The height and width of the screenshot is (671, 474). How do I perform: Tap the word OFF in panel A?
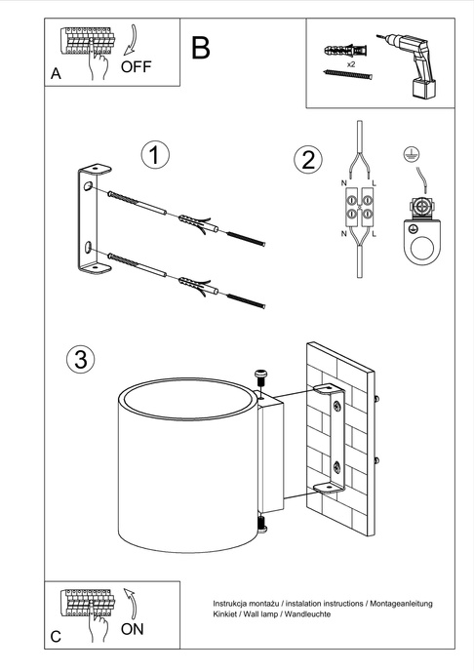[x=138, y=67]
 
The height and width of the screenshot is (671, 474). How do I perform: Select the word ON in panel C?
[x=132, y=629]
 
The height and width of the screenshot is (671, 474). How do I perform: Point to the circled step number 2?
[x=308, y=159]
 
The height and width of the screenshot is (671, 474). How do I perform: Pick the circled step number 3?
[x=82, y=359]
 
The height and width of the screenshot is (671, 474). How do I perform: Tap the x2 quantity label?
[x=348, y=63]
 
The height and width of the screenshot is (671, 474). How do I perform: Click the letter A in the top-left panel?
[x=57, y=74]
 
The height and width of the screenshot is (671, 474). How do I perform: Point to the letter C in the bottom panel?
[x=56, y=636]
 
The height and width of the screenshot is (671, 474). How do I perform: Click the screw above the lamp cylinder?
[x=261, y=376]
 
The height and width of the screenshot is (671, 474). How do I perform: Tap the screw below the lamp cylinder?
[x=260, y=525]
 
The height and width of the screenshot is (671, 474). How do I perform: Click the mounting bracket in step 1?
[x=89, y=219]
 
